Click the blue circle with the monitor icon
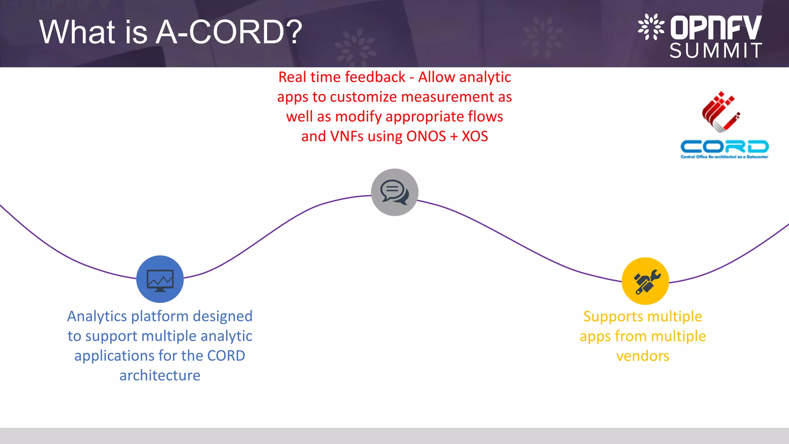click(160, 279)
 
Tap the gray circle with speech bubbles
click(394, 192)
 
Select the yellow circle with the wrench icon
click(645, 281)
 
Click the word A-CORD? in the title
click(230, 32)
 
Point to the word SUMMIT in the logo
click(716, 50)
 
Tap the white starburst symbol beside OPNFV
click(651, 27)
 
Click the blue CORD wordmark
click(724, 147)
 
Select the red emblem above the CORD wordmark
click(720, 112)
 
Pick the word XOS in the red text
click(475, 136)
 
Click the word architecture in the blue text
click(160, 375)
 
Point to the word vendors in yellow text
click(643, 356)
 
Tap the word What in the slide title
click(77, 32)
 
